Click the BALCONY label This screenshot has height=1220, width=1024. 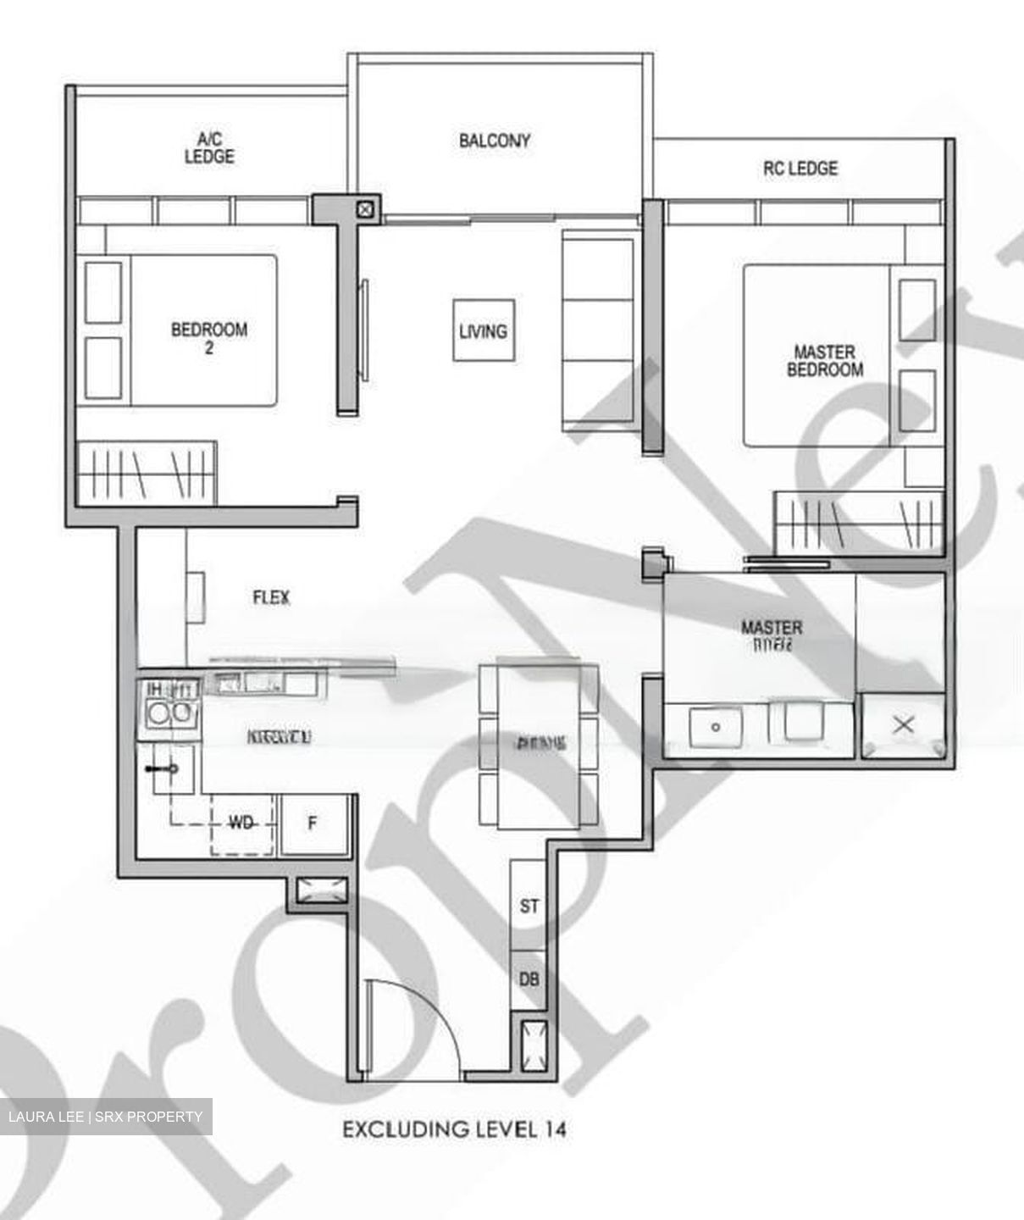coord(495,141)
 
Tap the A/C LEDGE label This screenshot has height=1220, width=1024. coord(209,148)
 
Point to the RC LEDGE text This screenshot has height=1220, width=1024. coord(800,169)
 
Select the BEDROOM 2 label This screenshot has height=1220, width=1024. coord(209,336)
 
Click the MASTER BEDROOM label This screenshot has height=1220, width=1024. coord(824,360)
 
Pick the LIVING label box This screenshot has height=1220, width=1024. coord(484,331)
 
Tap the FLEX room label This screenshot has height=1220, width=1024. coord(271,597)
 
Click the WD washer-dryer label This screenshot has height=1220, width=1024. coord(241,823)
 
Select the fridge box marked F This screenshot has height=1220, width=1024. coord(313,823)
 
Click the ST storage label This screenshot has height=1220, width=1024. coord(529,907)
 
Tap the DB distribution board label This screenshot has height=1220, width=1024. coord(529,979)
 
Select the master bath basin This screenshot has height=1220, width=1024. coord(716,727)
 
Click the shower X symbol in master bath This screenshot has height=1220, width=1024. coord(904,725)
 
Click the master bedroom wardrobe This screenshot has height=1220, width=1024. coord(858,522)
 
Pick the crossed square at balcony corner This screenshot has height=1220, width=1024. coord(365,208)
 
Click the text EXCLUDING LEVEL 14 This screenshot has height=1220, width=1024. coord(454,1129)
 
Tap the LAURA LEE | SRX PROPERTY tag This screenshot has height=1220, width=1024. coord(106,1117)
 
